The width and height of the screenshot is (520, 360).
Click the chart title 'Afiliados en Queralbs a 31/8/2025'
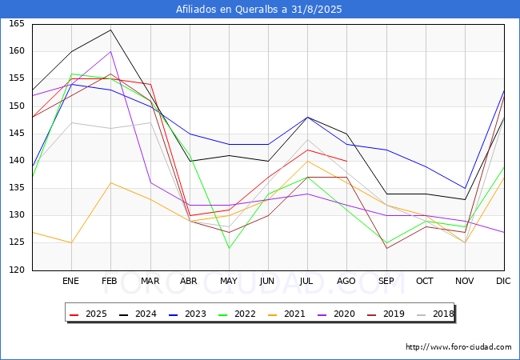pyautogui.click(x=258, y=10)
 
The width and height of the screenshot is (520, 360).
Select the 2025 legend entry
pyautogui.click(x=88, y=314)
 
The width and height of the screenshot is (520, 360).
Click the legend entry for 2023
pyautogui.click(x=187, y=314)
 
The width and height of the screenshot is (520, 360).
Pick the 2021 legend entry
pyautogui.click(x=286, y=314)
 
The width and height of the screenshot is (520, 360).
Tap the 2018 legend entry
pyautogui.click(x=435, y=314)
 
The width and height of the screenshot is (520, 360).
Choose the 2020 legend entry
pyautogui.click(x=336, y=314)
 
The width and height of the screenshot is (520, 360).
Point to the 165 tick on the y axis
pyautogui.click(x=17, y=23)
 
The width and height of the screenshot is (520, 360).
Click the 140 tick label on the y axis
pyautogui.click(x=17, y=161)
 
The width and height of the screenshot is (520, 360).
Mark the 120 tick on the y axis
pyautogui.click(x=17, y=270)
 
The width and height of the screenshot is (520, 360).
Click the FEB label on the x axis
pyautogui.click(x=110, y=281)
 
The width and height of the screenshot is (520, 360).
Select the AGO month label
pyautogui.click(x=346, y=281)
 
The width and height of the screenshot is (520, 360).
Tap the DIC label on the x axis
pyautogui.click(x=503, y=281)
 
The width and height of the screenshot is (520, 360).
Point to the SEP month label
pyautogui.click(x=386, y=281)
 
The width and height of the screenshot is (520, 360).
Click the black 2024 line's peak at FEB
pyautogui.click(x=110, y=30)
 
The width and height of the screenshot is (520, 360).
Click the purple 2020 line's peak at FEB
pyautogui.click(x=110, y=52)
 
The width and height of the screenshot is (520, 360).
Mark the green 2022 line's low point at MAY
pyautogui.click(x=229, y=248)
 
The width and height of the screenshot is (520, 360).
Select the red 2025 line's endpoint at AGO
pyautogui.click(x=347, y=161)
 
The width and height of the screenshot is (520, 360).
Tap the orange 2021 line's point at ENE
pyautogui.click(x=72, y=243)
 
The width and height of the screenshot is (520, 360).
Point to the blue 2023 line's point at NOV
pyautogui.click(x=466, y=188)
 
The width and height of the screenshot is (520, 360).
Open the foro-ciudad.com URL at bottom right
pyautogui.click(x=458, y=347)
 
